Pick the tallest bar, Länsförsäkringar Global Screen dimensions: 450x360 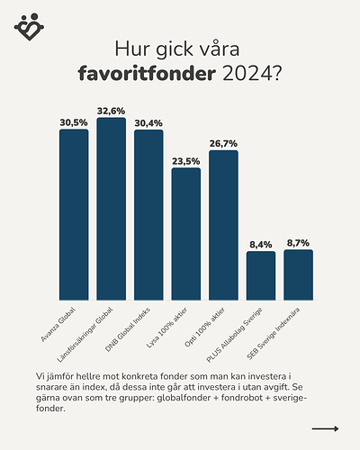pos(111,209)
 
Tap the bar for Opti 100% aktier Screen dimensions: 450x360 pos(223,224)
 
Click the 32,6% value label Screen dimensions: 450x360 pos(111,111)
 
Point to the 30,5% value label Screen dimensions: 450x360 pos(74,122)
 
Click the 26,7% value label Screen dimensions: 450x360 pos(223,143)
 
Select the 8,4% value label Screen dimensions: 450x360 pos(261,244)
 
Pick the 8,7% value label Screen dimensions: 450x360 pos(298,243)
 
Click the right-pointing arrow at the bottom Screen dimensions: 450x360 pos(325,429)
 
